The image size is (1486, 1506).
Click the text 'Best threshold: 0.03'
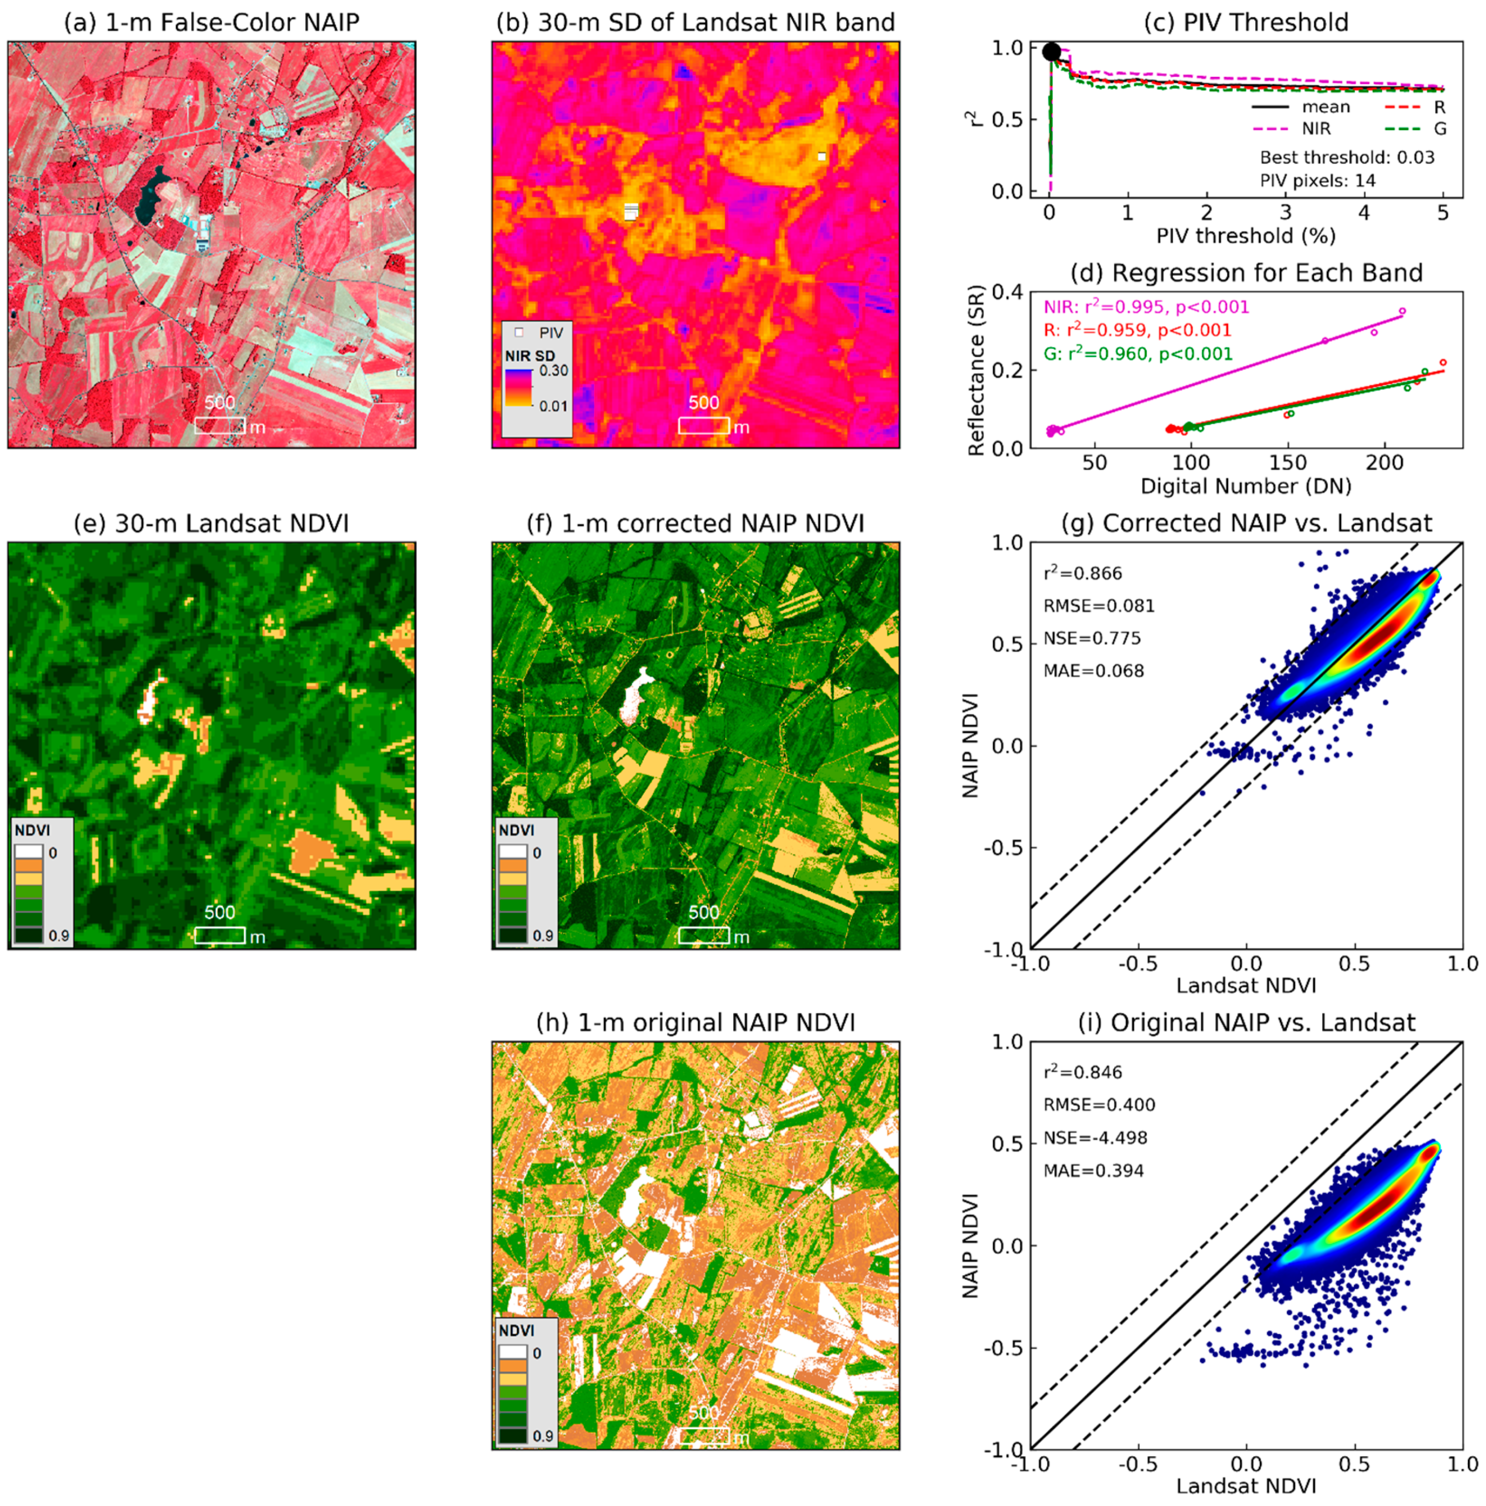click(x=1346, y=157)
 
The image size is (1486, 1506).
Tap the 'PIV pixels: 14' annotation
click(x=1318, y=181)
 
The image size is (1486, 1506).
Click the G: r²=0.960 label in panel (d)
click(x=1138, y=354)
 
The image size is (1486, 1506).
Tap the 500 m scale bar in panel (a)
click(x=220, y=425)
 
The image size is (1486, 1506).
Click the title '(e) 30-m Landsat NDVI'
click(x=211, y=523)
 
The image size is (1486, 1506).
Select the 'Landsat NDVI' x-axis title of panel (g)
click(x=1245, y=985)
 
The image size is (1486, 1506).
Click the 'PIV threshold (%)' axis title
click(x=1245, y=236)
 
